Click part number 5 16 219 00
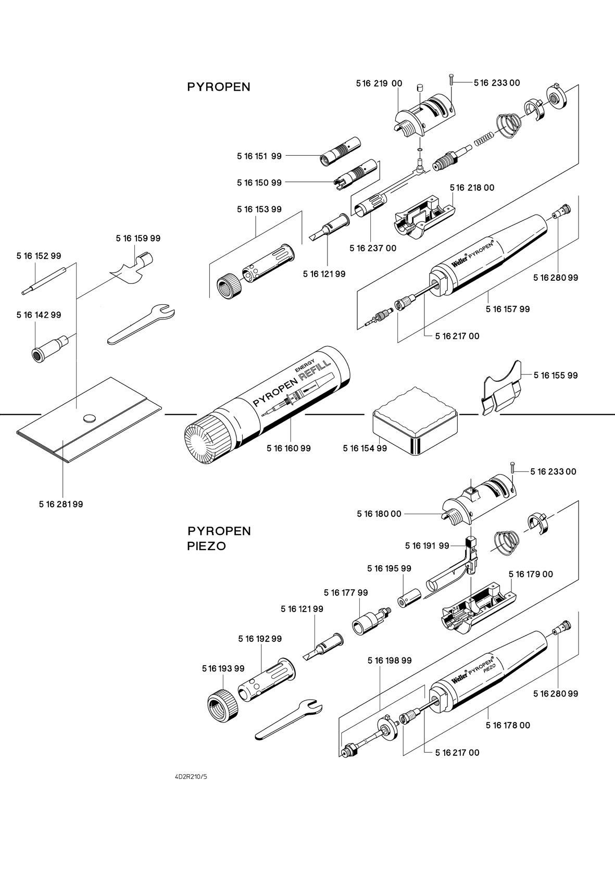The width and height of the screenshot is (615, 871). click(x=379, y=83)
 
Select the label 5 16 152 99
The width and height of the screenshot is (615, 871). click(x=39, y=256)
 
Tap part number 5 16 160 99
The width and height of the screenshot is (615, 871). click(x=288, y=448)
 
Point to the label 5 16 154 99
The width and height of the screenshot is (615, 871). click(x=365, y=448)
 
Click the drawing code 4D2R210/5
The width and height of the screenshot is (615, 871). click(x=191, y=777)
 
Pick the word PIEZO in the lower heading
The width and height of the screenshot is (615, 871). click(x=206, y=547)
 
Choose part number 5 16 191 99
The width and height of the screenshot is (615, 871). click(x=427, y=545)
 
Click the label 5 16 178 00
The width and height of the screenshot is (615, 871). click(x=508, y=725)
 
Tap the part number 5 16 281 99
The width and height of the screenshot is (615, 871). click(x=61, y=504)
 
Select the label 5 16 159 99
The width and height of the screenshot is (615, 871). click(x=138, y=238)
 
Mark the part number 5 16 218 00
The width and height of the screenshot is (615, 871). click(x=472, y=188)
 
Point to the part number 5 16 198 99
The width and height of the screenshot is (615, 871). click(x=390, y=660)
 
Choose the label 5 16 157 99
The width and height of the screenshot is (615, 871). click(x=508, y=309)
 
